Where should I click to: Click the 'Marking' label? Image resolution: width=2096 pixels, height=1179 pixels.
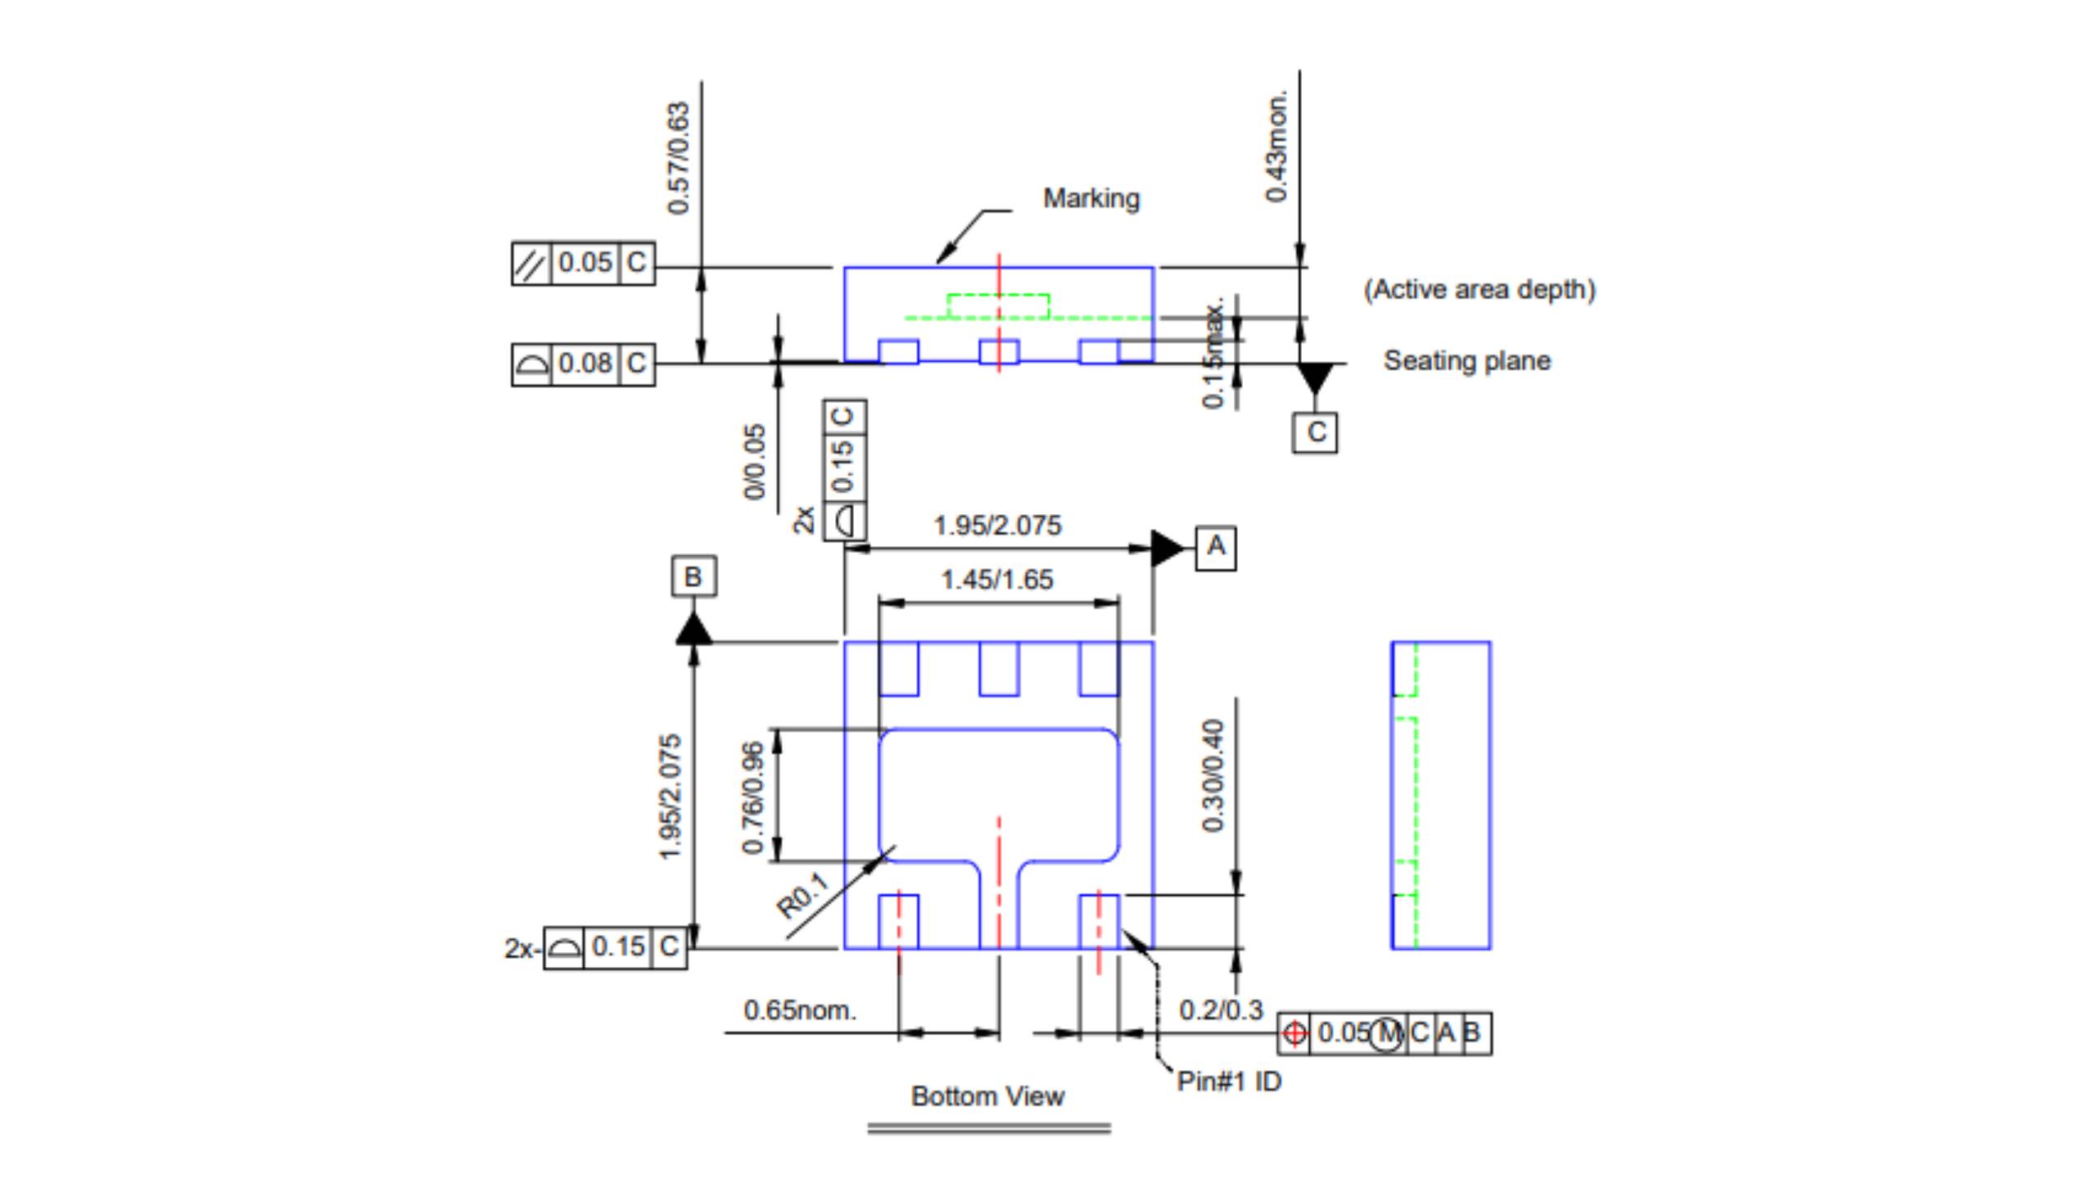pyautogui.click(x=1091, y=199)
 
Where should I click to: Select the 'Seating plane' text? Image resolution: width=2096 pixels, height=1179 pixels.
pyautogui.click(x=1466, y=361)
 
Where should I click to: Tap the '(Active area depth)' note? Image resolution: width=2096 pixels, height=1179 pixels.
pyautogui.click(x=1479, y=290)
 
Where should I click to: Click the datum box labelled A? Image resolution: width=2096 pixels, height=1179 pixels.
pyautogui.click(x=1216, y=548)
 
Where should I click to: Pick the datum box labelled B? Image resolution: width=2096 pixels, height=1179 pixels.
pyautogui.click(x=693, y=577)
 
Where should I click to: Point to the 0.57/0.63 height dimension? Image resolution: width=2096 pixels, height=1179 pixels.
pyautogui.click(x=679, y=158)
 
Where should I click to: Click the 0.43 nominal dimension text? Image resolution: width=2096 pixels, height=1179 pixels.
pyautogui.click(x=1276, y=147)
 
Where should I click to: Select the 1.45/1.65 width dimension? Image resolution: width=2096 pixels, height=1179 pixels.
pyautogui.click(x=997, y=580)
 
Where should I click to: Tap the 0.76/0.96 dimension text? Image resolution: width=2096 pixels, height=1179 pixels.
pyautogui.click(x=752, y=797)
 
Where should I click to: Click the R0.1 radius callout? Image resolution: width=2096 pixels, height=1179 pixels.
pyautogui.click(x=802, y=896)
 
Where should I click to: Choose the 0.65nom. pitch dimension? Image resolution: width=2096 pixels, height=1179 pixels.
pyautogui.click(x=799, y=1010)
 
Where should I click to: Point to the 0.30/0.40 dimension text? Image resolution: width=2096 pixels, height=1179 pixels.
pyautogui.click(x=1213, y=775)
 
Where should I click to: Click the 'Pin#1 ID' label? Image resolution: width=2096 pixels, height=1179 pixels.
pyautogui.click(x=1229, y=1082)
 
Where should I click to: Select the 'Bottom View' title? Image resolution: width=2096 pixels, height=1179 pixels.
pyautogui.click(x=987, y=1096)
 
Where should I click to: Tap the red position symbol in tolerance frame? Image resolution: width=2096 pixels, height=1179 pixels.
pyautogui.click(x=1294, y=1033)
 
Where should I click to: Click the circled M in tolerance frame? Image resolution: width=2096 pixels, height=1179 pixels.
pyautogui.click(x=1386, y=1033)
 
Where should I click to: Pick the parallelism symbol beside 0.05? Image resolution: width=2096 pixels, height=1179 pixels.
pyautogui.click(x=531, y=264)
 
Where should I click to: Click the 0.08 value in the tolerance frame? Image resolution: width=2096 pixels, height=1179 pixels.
pyautogui.click(x=585, y=364)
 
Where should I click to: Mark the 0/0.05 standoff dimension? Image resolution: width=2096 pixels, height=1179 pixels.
pyautogui.click(x=754, y=461)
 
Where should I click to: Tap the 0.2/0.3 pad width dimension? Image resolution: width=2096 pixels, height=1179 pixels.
pyautogui.click(x=1221, y=1010)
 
